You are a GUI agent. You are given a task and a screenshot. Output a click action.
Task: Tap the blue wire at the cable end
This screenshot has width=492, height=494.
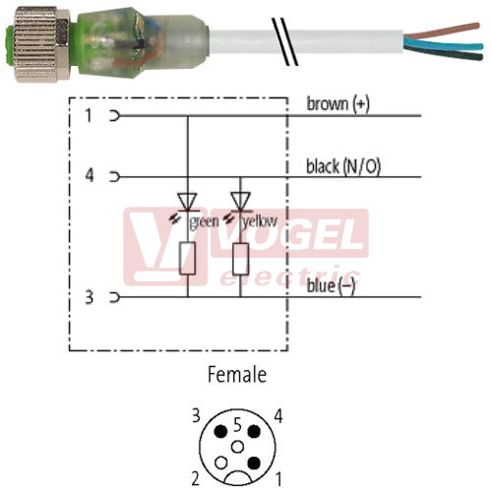(x=444, y=44)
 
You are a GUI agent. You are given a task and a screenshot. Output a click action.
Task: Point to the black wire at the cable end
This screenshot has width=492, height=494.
(x=444, y=53)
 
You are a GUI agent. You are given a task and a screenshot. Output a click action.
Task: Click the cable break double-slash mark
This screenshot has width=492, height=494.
(x=285, y=41)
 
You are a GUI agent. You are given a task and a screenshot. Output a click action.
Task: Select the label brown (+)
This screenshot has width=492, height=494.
(x=338, y=103)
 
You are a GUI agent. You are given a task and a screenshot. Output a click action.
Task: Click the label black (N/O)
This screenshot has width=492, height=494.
(x=343, y=166)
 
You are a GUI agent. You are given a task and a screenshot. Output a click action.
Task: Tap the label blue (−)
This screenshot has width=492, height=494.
(x=331, y=286)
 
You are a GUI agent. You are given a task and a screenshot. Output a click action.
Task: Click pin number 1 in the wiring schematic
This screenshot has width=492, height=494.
(x=89, y=115)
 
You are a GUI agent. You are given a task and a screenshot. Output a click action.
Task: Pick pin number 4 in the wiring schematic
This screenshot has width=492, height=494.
(x=90, y=175)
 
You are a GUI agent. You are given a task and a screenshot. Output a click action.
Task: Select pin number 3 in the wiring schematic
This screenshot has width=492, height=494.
(x=89, y=297)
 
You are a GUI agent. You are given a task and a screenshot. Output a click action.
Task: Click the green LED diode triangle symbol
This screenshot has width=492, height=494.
(x=187, y=202)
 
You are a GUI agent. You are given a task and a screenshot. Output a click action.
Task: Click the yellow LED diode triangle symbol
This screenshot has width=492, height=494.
(x=240, y=202)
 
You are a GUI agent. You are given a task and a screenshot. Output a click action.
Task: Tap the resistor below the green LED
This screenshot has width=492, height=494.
(x=188, y=258)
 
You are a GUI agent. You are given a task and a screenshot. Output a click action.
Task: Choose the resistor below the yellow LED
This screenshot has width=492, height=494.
(x=240, y=259)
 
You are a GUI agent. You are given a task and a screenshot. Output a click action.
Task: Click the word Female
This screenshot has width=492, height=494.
(x=237, y=374)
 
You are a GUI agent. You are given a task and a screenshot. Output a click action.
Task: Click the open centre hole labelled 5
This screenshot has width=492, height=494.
(x=237, y=447)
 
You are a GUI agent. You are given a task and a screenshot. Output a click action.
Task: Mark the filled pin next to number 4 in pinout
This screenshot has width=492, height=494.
(x=254, y=431)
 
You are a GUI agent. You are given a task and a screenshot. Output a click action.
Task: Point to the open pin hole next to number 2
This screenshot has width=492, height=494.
(x=221, y=463)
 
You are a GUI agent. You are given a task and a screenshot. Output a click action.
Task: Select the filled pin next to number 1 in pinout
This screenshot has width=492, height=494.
(x=254, y=463)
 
